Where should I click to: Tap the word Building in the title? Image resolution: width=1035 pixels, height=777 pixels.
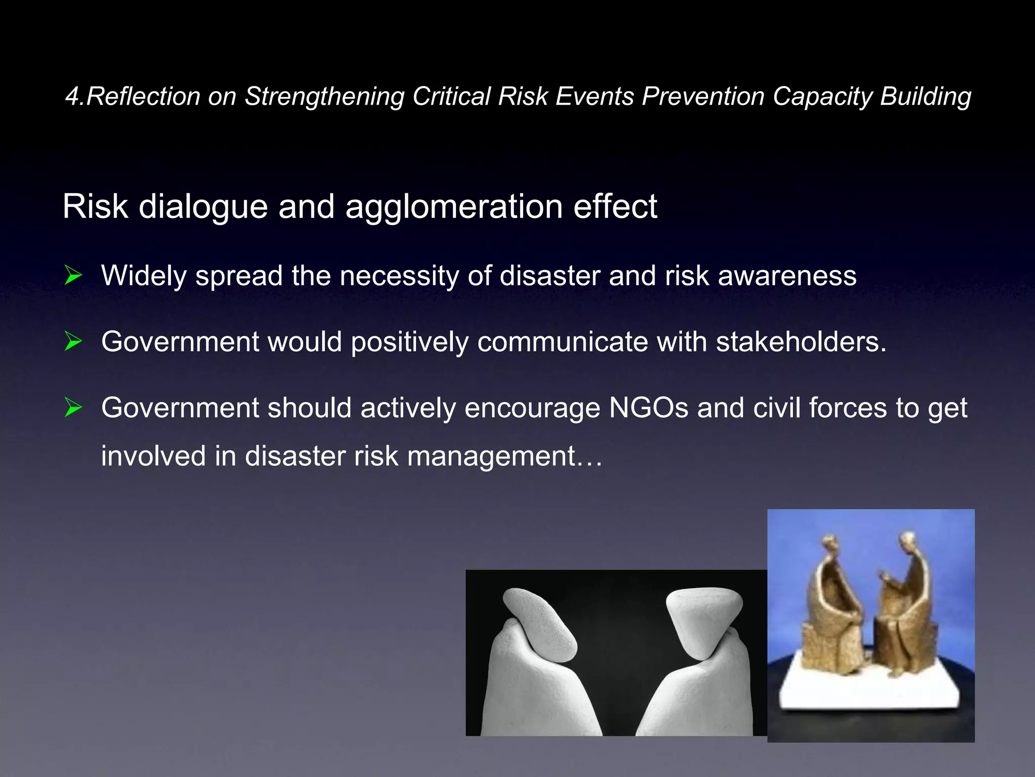(925, 96)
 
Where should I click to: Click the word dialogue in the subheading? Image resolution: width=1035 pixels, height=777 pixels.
(203, 206)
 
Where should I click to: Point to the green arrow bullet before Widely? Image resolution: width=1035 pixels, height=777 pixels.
(73, 276)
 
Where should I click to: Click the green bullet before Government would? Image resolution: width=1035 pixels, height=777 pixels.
(73, 341)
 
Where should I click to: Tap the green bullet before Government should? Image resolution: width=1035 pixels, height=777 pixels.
(73, 408)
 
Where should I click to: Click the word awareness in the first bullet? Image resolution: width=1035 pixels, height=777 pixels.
(787, 276)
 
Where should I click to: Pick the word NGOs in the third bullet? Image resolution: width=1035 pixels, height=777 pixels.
(648, 408)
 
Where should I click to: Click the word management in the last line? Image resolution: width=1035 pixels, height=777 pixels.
(491, 456)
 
